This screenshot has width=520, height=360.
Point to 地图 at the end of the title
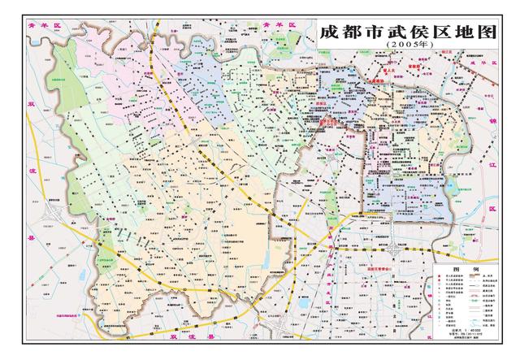474,34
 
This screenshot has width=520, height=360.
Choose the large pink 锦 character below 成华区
493,123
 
